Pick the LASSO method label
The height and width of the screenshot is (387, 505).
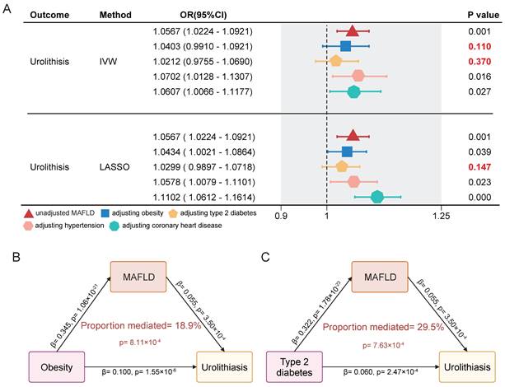point(113,166)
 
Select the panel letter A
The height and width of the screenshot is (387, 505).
point(8,8)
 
